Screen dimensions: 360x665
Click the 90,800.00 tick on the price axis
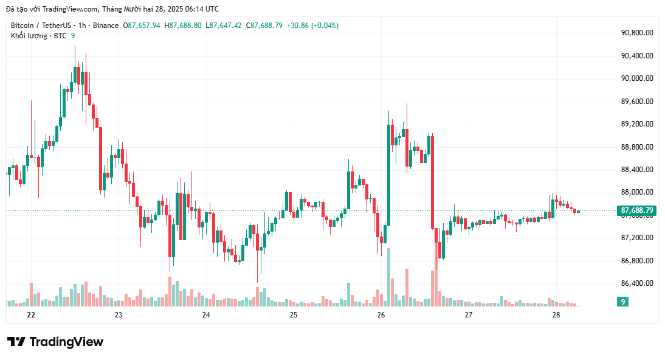[x=636, y=33]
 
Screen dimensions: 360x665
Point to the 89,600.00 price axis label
[x=636, y=101]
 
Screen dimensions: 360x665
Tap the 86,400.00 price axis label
[x=636, y=283]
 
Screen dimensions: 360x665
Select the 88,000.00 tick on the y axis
[x=636, y=192]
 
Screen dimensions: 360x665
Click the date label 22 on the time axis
[x=31, y=315]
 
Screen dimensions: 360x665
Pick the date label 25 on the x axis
[x=294, y=315]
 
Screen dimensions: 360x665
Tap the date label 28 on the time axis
[x=556, y=315]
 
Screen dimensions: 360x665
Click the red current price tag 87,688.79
[x=636, y=211]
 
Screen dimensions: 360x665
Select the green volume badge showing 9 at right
[x=622, y=302]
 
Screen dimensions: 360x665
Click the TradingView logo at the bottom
[x=55, y=342]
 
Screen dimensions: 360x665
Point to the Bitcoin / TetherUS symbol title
[x=40, y=26]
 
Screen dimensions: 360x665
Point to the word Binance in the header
[x=106, y=26]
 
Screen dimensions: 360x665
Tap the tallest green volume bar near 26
[x=388, y=277]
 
